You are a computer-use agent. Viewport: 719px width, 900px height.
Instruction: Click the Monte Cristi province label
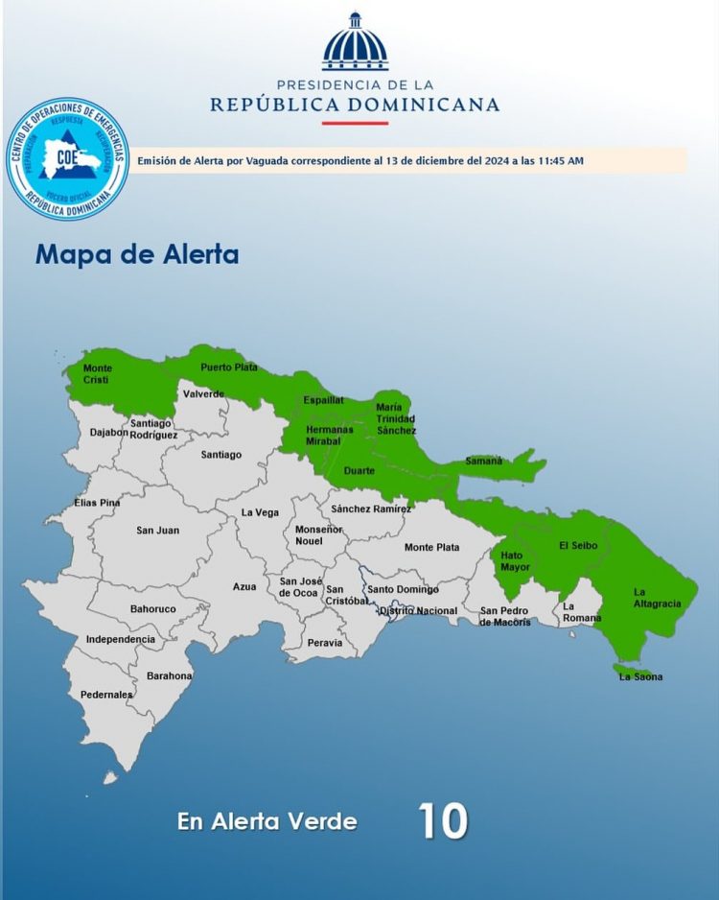click(x=98, y=374)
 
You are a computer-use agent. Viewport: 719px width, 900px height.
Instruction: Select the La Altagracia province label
click(x=657, y=598)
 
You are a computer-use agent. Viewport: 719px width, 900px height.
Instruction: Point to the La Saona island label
click(x=640, y=676)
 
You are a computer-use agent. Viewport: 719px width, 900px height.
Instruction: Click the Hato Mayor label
click(x=515, y=561)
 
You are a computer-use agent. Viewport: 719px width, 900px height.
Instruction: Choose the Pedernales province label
click(x=106, y=695)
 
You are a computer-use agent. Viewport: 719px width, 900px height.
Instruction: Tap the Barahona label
click(x=170, y=675)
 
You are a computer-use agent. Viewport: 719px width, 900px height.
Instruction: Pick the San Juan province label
click(x=157, y=530)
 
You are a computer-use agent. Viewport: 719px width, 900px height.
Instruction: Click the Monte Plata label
click(x=431, y=547)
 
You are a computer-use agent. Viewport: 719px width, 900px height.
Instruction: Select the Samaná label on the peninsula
click(x=484, y=461)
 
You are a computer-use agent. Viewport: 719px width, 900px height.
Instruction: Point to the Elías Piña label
click(x=97, y=503)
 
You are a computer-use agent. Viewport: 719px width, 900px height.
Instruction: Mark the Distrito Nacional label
click(x=418, y=610)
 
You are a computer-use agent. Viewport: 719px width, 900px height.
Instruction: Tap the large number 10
click(x=443, y=821)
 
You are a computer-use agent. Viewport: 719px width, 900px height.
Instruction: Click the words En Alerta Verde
click(x=267, y=822)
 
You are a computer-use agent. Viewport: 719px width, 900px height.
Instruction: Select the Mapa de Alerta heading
click(x=137, y=255)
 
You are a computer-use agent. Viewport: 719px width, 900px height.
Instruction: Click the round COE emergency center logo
click(x=67, y=158)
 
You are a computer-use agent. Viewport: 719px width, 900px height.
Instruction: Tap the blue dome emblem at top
click(x=355, y=43)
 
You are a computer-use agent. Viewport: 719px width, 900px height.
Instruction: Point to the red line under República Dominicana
click(x=355, y=123)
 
